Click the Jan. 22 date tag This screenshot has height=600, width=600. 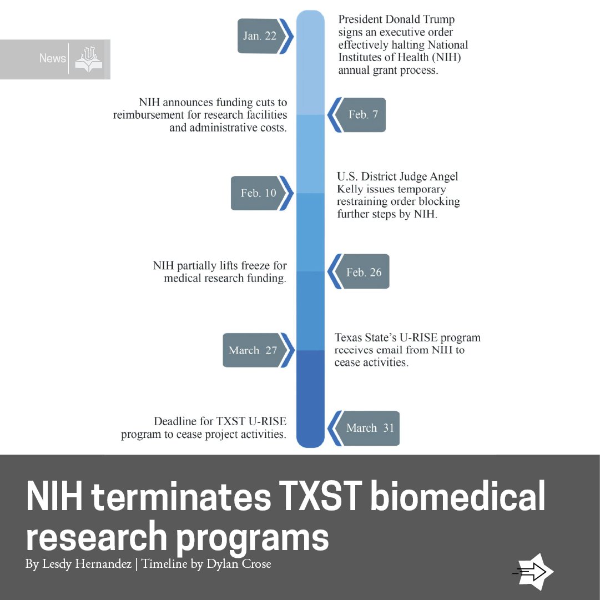tap(265, 36)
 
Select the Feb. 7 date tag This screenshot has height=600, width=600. tap(357, 115)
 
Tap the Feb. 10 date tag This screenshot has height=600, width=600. tap(262, 193)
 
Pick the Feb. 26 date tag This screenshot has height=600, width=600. tap(359, 271)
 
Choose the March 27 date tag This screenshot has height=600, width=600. tap(259, 350)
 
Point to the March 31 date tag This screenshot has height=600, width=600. tap(364, 428)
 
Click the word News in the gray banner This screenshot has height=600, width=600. tap(53, 58)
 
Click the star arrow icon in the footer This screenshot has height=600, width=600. tap(534, 572)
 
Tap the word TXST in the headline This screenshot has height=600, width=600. tap(320, 496)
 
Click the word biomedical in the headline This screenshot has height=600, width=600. tap(458, 496)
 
